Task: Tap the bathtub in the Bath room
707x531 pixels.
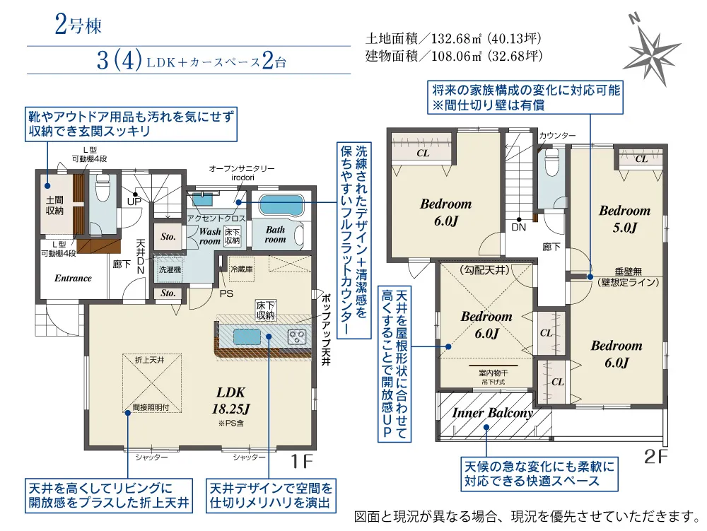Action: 281,206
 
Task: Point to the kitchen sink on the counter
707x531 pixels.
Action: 247,337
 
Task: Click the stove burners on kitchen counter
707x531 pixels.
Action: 297,336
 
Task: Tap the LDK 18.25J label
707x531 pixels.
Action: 231,400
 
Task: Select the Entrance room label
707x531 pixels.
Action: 73,278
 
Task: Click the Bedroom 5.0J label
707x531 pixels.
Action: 624,219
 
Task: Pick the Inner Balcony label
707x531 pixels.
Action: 492,412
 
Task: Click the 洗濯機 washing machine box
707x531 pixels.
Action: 170,269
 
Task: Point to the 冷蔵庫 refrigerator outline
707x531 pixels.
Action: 242,269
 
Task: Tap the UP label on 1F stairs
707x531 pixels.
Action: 134,202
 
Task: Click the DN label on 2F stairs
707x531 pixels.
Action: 518,227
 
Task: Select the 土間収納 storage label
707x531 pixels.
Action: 54,205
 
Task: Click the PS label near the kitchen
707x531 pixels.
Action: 226,294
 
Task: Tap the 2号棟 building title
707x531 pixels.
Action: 78,25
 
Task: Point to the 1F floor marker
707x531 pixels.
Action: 301,461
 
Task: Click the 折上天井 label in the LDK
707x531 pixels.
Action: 150,360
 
